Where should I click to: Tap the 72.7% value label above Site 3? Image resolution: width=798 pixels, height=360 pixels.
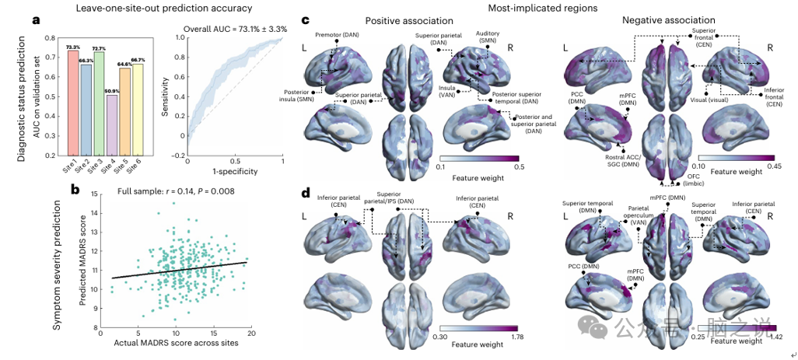pyautogui.click(x=98, y=48)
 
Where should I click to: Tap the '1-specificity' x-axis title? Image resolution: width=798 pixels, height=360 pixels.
pyautogui.click(x=235, y=171)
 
